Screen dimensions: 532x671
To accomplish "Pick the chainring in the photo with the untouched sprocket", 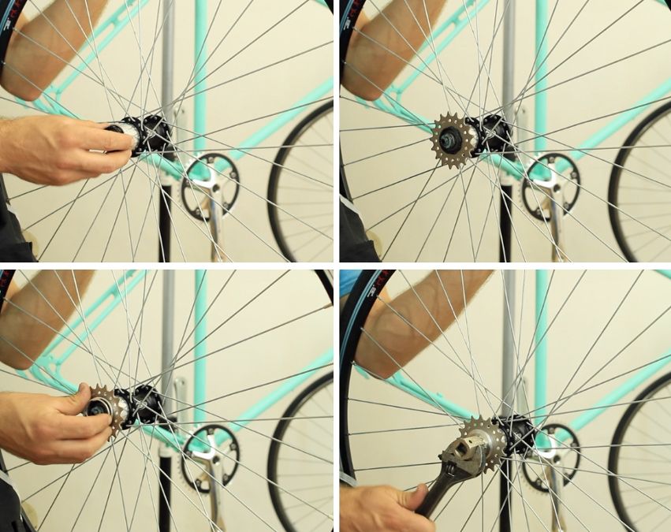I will [x=551, y=186].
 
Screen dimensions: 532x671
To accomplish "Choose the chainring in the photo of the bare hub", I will [x=210, y=184].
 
